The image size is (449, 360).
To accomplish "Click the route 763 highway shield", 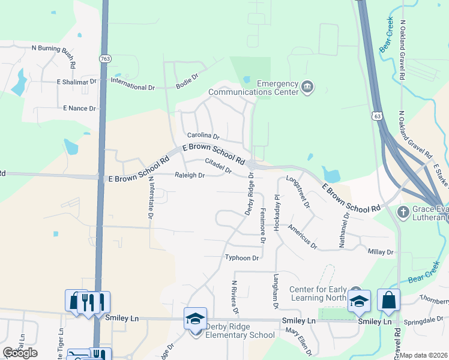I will coord(104,58).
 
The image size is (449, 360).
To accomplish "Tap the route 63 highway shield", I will coord(376,115).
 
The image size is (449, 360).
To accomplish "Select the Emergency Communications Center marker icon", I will coord(307,88).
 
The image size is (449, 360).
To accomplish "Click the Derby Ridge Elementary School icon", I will coord(195,319).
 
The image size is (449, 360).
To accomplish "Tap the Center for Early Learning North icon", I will coord(360,301).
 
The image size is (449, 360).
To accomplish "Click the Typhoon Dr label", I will coord(241,258).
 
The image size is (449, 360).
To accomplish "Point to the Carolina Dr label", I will coord(203,136).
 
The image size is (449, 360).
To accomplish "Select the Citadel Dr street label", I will coord(218,165).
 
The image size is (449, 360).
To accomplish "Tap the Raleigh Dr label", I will coord(190,176).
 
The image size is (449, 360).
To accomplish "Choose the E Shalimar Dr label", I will coord(76,81).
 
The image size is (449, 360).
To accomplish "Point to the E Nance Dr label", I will coord(79,109).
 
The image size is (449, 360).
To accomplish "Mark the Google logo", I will coord(20,352).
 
